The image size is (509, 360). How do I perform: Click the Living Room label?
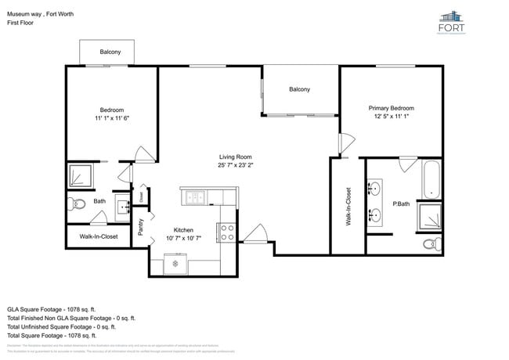[x=235, y=156]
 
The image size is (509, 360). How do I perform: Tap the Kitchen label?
[x=183, y=230]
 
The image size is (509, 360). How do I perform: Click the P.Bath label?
[x=401, y=204]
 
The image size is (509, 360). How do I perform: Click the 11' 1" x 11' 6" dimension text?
[x=111, y=118]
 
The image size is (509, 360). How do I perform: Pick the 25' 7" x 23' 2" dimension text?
[x=235, y=165]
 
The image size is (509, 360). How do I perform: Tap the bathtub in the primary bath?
[x=431, y=179]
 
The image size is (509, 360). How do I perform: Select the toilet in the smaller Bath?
[x=77, y=205]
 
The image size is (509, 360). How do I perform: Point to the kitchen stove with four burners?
[x=227, y=231]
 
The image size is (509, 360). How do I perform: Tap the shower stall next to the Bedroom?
[x=80, y=175]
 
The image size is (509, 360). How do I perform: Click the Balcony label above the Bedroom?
[x=110, y=52]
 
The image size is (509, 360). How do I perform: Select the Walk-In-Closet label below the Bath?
[x=99, y=236]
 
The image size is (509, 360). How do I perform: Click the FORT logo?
[x=451, y=22]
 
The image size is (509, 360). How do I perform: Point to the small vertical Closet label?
[x=141, y=196]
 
